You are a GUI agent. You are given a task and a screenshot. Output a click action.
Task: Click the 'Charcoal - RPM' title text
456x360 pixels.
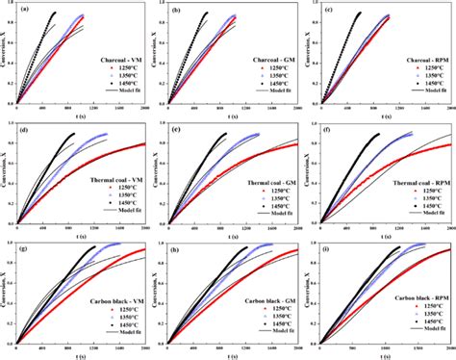point(413,58)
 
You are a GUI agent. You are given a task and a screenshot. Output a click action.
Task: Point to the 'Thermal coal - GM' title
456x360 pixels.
point(258,183)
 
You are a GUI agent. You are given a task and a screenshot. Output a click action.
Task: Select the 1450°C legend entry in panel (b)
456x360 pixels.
point(267,84)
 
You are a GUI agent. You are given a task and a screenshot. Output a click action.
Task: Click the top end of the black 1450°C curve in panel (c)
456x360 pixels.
point(359,13)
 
